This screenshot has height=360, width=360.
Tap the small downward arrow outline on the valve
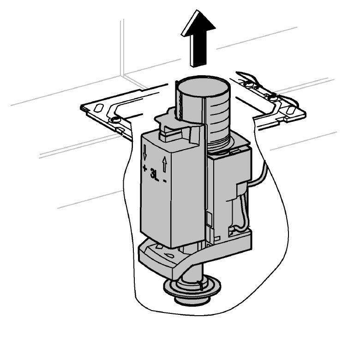[x=144, y=152]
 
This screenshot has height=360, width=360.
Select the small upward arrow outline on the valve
[x=164, y=164]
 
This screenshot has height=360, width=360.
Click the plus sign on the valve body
[x=144, y=168]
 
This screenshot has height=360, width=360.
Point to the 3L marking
[x=154, y=174]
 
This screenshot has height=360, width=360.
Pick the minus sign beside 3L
[x=165, y=181]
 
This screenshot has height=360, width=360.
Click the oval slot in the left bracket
[x=99, y=108]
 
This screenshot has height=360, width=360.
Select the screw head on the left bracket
[x=115, y=120]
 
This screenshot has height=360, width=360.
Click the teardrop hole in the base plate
[x=170, y=255]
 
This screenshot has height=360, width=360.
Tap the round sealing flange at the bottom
[x=192, y=287]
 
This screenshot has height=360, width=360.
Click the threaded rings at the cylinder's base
[x=218, y=143]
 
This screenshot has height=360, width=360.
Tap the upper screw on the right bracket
[x=247, y=84]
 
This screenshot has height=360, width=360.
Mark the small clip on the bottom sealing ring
[x=200, y=285]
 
